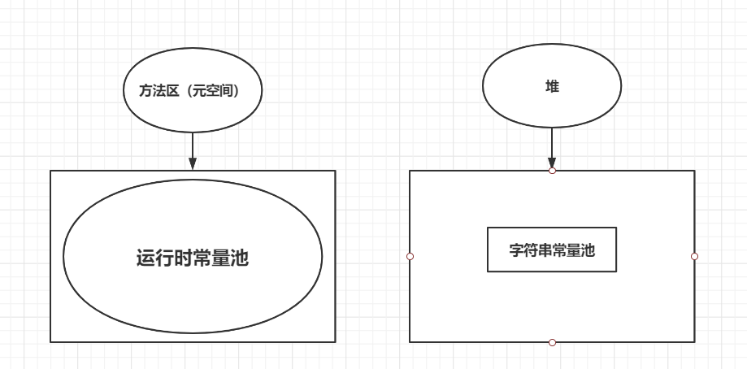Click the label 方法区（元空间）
click(193, 91)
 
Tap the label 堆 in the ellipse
click(552, 86)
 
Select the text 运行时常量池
click(193, 259)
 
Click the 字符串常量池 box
click(552, 250)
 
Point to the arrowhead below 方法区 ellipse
click(193, 163)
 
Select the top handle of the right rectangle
click(552, 171)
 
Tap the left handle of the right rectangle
click(410, 256)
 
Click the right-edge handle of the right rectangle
click(694, 256)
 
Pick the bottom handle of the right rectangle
click(552, 342)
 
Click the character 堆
click(552, 86)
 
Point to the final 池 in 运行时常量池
click(239, 259)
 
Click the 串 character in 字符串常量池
click(545, 250)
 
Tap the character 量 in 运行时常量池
click(220, 259)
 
